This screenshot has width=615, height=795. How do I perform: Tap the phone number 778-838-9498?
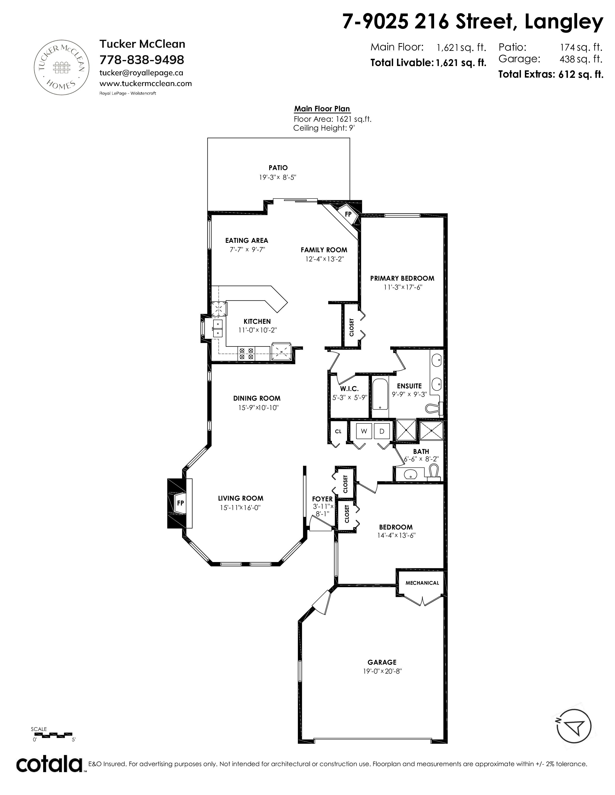coord(142,59)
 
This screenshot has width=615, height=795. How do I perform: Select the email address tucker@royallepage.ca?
coord(141,73)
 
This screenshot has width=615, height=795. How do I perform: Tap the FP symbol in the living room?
coord(180,503)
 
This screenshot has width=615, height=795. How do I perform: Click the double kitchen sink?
coord(218,328)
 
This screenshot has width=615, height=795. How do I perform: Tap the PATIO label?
coord(278,168)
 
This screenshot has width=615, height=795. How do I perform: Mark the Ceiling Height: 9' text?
coord(324,128)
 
